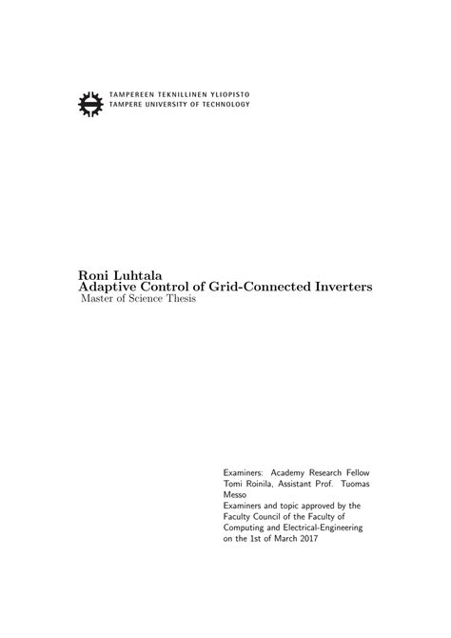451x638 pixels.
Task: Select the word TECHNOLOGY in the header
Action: (x=227, y=105)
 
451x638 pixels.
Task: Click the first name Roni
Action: (x=93, y=272)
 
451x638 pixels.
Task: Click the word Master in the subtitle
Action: (x=99, y=301)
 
